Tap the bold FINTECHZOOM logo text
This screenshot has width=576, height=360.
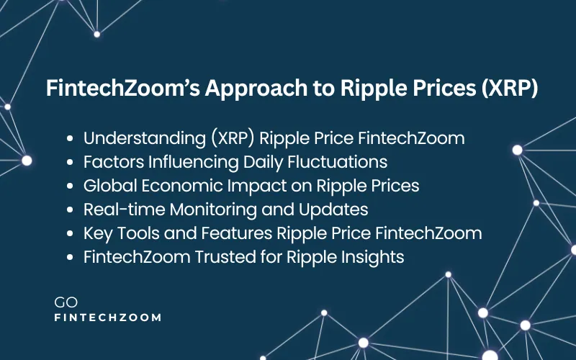[108, 318]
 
